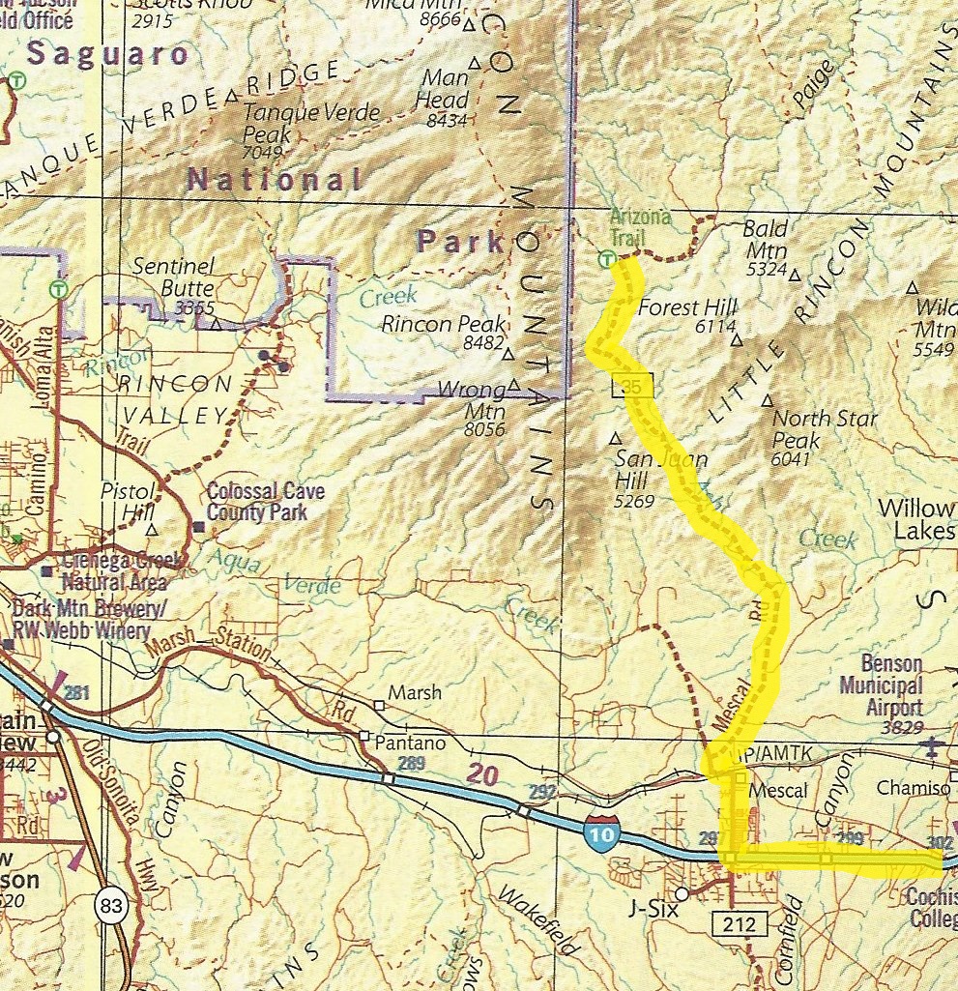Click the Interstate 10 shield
click(x=600, y=832)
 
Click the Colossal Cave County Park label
click(x=266, y=501)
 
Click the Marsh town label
click(x=414, y=693)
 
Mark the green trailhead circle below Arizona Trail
click(x=606, y=258)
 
